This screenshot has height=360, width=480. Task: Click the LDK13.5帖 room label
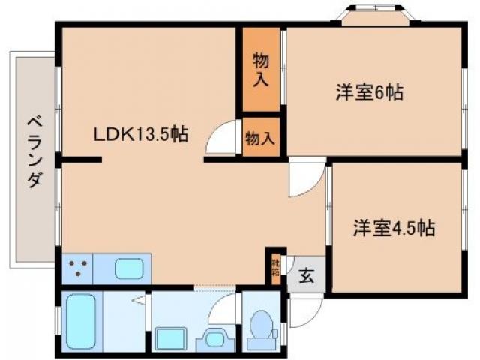(x=140, y=135)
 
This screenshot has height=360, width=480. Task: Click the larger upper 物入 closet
(x=261, y=69)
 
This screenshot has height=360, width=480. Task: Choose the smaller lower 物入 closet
(x=261, y=137)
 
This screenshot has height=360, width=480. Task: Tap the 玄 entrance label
(x=307, y=274)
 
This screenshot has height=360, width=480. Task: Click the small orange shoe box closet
(x=275, y=267)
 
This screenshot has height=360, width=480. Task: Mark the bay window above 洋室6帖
(x=373, y=15)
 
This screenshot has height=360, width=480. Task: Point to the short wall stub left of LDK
(x=81, y=159)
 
